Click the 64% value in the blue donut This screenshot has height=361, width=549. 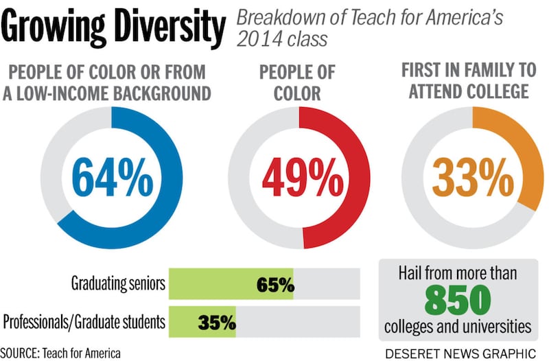click(112, 178)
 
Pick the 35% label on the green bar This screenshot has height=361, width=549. click(217, 321)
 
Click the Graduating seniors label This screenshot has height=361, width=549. click(117, 284)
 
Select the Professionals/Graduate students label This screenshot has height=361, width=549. click(83, 321)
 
